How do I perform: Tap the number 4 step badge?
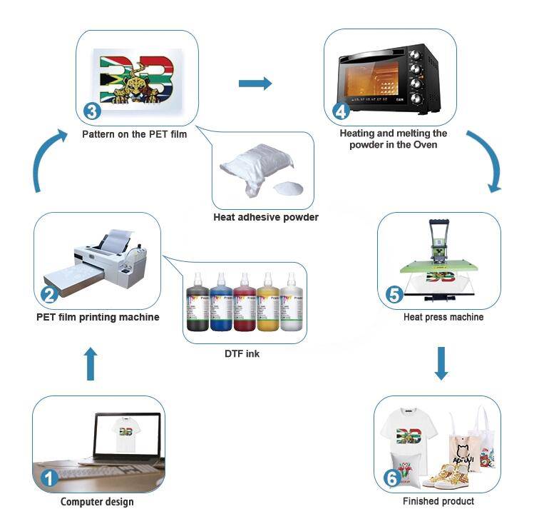click(340, 111)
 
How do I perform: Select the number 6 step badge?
click(391, 478)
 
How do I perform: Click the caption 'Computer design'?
click(97, 502)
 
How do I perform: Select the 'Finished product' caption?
click(438, 501)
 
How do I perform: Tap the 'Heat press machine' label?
click(443, 317)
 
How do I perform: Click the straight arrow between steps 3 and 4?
click(255, 84)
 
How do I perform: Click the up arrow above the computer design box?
click(90, 364)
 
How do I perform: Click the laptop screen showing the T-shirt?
click(127, 433)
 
